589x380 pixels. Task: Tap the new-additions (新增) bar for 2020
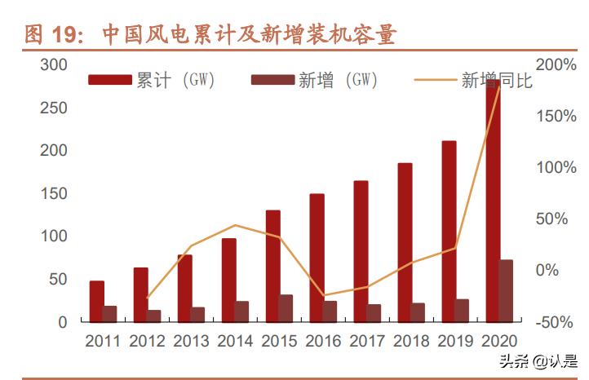[x=507, y=291]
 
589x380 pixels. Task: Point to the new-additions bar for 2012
[x=154, y=316]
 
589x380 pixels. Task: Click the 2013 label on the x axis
[x=191, y=342]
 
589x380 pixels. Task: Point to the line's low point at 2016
[x=325, y=295]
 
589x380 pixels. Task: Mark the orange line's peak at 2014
[x=235, y=225]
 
